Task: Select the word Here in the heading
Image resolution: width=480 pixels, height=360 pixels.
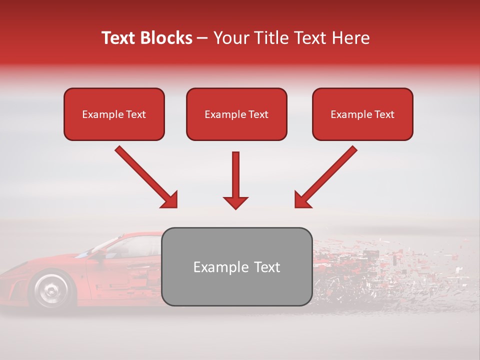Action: click(351, 38)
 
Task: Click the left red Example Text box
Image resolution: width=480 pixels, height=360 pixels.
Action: click(114, 114)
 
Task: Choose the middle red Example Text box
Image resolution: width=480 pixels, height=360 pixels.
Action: click(236, 114)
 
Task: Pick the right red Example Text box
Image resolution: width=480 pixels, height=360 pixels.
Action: click(362, 114)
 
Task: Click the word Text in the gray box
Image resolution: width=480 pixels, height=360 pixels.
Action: click(267, 267)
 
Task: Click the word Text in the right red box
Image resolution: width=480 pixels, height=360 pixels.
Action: click(384, 114)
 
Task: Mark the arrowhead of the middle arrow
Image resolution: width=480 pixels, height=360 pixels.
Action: click(235, 202)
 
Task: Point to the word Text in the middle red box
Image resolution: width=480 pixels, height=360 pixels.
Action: click(258, 114)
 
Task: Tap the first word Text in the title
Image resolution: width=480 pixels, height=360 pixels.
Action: click(118, 38)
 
